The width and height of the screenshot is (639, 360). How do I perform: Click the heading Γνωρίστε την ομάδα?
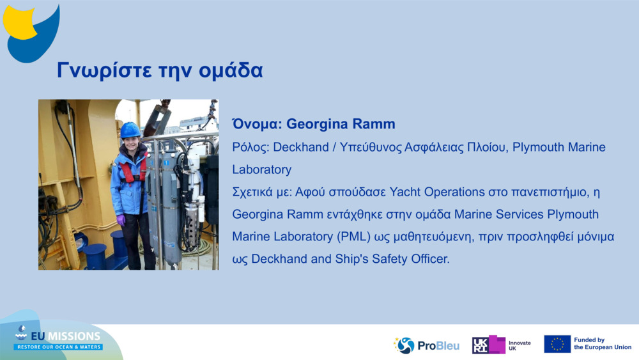coord(160,70)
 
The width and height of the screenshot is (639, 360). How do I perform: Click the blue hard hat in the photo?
coord(130,130)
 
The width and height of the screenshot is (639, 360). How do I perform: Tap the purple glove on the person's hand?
coord(121,220)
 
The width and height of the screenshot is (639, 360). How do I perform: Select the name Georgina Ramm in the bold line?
coord(341,124)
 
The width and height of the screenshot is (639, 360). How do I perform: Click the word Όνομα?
coord(257,124)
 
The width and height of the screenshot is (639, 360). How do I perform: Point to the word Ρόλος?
coord(250,147)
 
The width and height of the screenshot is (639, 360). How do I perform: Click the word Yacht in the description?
coord(405,192)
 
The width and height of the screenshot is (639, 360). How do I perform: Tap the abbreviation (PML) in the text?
coord(354,237)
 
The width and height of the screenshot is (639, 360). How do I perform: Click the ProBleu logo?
coord(426,345)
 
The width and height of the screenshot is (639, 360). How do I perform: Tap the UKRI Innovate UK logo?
coord(501,345)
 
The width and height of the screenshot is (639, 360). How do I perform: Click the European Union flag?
coord(557,345)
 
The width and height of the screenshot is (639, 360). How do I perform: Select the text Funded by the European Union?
coord(603,343)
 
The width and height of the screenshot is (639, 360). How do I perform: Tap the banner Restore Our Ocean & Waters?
coord(59,347)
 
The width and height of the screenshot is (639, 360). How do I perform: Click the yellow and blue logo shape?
coord(31,33)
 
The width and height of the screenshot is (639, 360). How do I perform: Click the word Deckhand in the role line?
coord(301,147)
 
